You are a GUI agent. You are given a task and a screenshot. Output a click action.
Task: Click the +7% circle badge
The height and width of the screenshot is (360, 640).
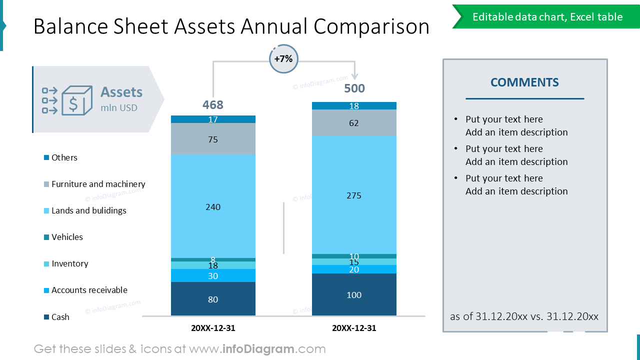tap(283, 59)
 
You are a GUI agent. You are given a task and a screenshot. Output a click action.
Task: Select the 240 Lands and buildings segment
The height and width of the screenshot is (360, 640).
tap(213, 206)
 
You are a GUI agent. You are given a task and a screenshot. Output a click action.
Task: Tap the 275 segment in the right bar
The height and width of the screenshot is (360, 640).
tap(354, 195)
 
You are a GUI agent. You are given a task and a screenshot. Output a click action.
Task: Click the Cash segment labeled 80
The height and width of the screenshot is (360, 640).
tap(213, 299)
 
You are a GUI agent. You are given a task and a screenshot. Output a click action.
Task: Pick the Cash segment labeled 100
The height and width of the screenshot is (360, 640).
tap(354, 294)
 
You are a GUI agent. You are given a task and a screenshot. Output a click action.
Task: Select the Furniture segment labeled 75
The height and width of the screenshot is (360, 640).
tap(213, 139)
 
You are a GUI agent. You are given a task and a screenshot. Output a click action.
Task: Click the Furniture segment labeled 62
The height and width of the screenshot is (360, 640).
tap(354, 122)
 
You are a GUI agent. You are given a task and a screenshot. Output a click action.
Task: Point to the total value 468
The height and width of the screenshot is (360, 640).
tap(213, 105)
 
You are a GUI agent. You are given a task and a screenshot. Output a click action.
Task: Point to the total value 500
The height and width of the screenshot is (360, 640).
tap(354, 88)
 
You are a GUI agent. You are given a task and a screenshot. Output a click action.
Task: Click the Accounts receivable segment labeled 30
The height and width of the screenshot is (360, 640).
tap(213, 275)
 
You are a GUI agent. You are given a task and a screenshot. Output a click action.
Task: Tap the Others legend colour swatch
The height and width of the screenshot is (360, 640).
tap(46, 157)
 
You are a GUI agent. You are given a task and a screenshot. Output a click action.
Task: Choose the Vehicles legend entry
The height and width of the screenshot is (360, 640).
tap(67, 237)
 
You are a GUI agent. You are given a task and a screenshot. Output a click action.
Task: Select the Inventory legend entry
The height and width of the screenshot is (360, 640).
tap(69, 263)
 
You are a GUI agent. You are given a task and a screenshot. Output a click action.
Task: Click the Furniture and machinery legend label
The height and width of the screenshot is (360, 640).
tap(98, 184)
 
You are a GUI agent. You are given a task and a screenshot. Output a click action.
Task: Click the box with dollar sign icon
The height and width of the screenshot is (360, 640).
tap(76, 100)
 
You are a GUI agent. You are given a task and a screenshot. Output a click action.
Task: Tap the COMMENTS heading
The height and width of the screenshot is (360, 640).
tap(524, 82)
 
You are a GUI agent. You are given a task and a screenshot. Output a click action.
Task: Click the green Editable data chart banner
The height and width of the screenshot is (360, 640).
tap(547, 17)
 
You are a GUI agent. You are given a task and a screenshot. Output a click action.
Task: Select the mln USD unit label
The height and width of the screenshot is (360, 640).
tap(118, 107)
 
